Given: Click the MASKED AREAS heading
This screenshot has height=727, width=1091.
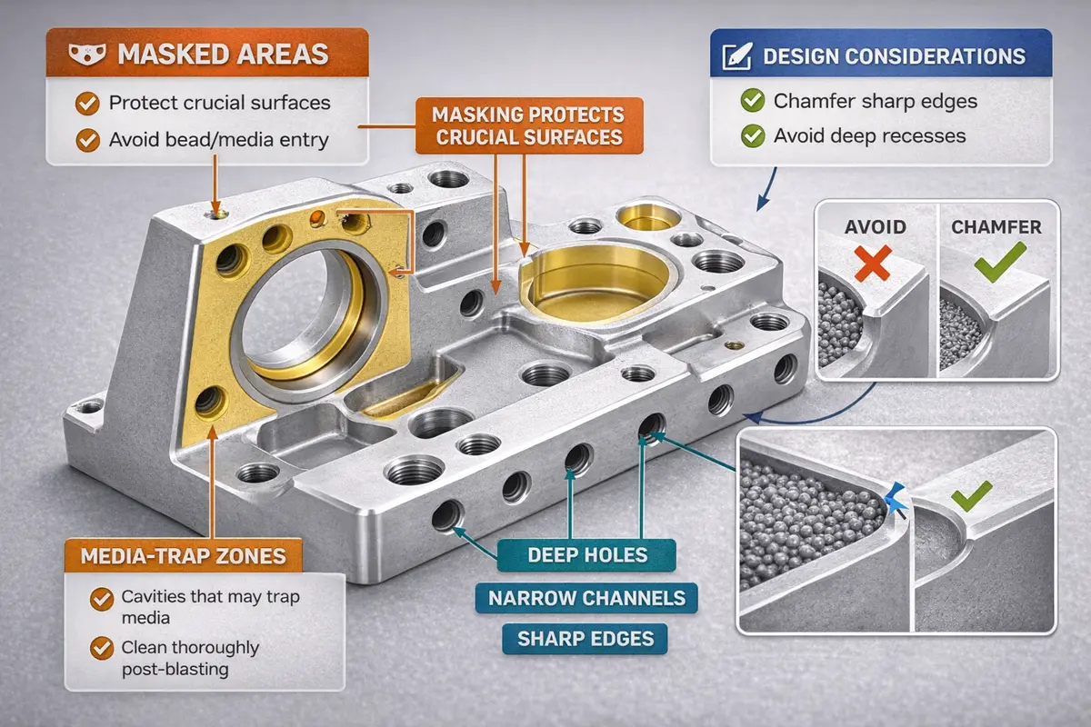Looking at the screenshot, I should [x=223, y=53].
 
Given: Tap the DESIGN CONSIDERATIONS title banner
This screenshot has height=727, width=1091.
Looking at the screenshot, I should [x=895, y=56].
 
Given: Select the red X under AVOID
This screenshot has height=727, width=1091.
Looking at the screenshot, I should [x=874, y=264].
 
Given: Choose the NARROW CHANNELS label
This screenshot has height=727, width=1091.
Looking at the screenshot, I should [x=586, y=598].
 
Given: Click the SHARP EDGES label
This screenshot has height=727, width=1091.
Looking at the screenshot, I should [x=586, y=639].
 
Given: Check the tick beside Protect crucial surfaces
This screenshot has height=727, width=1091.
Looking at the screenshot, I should [x=88, y=103].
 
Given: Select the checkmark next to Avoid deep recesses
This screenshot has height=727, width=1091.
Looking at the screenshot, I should [x=753, y=136].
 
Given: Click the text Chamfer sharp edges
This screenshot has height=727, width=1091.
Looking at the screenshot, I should [x=875, y=101].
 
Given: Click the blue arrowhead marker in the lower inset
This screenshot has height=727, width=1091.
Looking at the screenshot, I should [x=896, y=496].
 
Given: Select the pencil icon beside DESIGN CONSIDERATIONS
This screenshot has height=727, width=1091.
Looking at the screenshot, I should [x=735, y=56].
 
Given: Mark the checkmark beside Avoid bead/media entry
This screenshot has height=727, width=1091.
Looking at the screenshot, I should [x=88, y=140].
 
